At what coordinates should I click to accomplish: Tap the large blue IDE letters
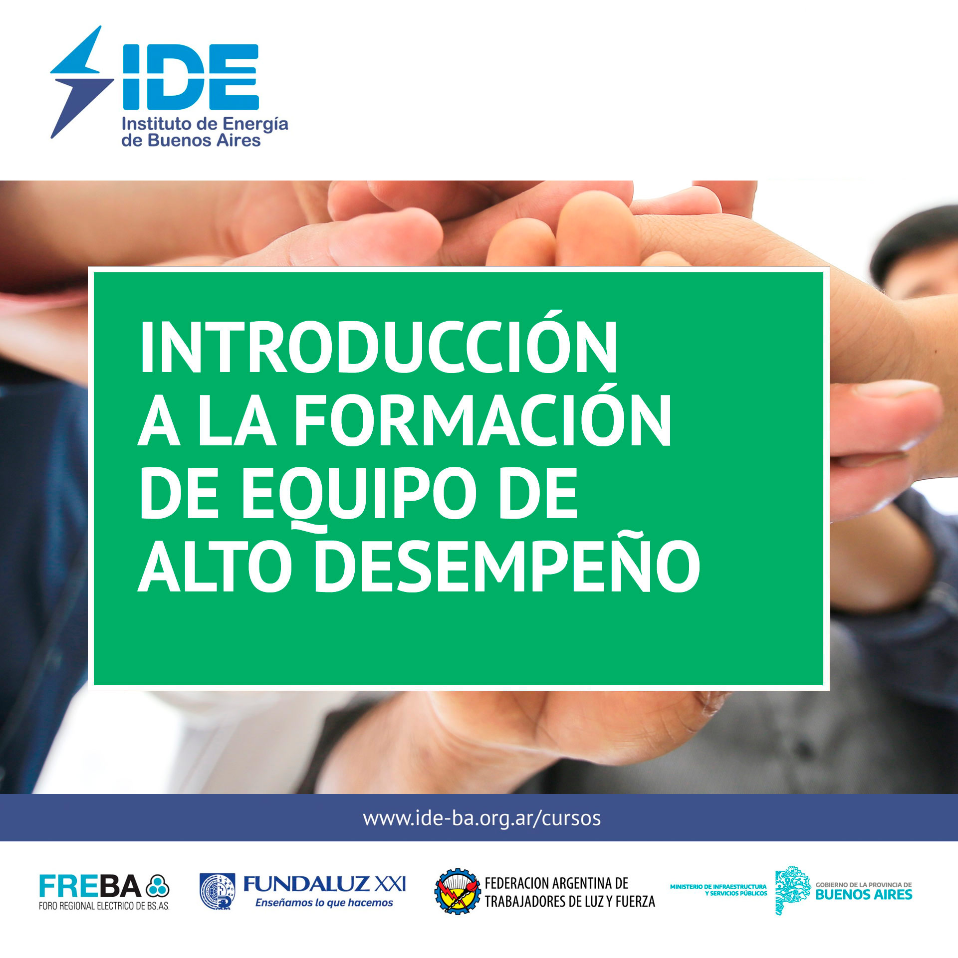(x=191, y=77)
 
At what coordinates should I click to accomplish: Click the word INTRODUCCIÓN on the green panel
(x=379, y=347)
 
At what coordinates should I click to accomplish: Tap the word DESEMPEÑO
(x=506, y=565)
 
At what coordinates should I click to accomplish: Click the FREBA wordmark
(x=90, y=886)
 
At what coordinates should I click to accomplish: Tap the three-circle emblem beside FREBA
(x=158, y=887)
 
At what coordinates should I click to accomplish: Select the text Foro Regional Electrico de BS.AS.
(x=104, y=906)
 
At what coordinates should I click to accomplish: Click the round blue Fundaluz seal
(x=217, y=891)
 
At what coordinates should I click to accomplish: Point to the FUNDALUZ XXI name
(x=324, y=884)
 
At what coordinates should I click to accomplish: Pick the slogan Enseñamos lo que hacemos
(x=324, y=903)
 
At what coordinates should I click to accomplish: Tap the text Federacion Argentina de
(x=556, y=883)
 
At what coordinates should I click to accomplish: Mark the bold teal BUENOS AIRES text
(x=864, y=894)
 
